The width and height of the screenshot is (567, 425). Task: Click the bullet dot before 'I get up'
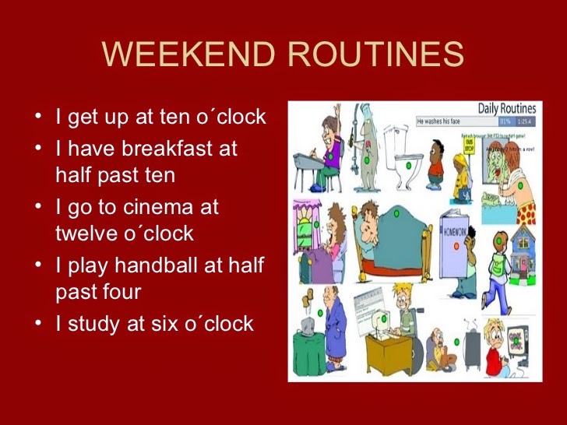tap(39, 118)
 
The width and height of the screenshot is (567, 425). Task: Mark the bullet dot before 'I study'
tap(39, 323)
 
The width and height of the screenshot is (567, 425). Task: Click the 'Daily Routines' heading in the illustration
tap(507, 109)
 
